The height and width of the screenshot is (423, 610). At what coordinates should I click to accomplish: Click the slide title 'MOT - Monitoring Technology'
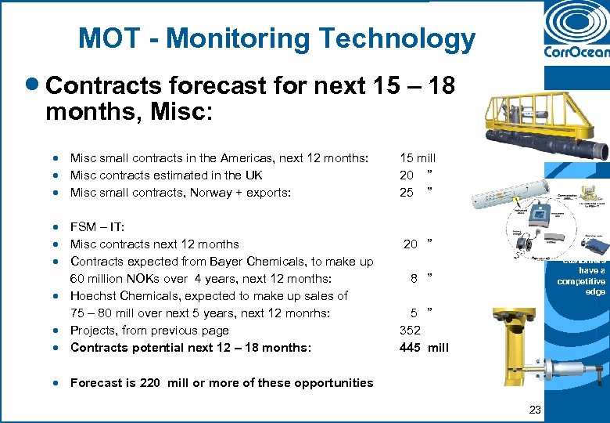point(276,38)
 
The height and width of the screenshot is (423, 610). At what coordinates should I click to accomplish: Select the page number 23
point(535,409)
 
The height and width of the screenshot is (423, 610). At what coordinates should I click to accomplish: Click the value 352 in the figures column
point(410,330)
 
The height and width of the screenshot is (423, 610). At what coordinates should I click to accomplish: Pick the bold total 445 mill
point(424,347)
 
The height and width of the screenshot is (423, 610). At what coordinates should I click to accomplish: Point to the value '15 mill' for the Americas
point(418,158)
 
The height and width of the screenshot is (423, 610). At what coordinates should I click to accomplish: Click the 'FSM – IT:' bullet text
point(97,227)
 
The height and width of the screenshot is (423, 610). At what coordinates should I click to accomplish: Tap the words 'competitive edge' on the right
point(581,287)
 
